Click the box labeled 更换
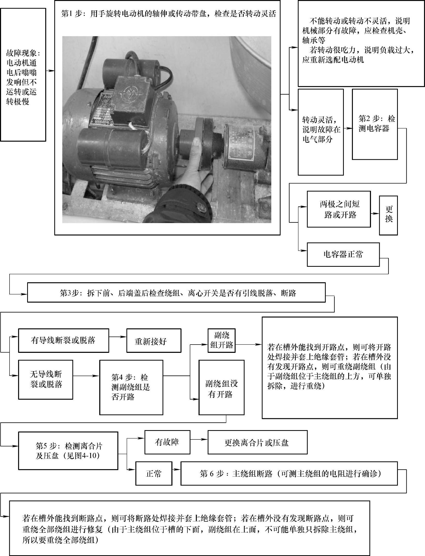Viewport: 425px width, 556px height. click(388, 215)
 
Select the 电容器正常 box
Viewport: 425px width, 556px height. click(343, 254)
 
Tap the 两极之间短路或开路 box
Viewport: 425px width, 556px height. click(339, 209)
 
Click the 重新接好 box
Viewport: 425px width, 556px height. click(154, 340)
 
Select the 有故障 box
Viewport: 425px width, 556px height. click(167, 442)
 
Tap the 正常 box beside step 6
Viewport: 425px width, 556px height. click(154, 473)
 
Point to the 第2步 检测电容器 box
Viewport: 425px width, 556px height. click(375, 124)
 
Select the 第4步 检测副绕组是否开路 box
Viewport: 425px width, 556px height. click(131, 387)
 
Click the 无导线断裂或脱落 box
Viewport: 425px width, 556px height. click(45, 379)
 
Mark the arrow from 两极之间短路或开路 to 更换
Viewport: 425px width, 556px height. click(375, 214)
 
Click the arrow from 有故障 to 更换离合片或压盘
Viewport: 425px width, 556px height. click(199, 439)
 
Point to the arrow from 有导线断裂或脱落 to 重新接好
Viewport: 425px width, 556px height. click(118, 337)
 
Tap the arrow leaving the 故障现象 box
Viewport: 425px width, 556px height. click(50, 71)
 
